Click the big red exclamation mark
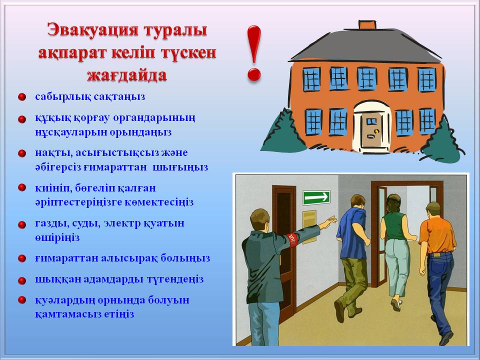(x=254, y=53)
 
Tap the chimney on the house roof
(x=367, y=25)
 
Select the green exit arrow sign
(x=316, y=197)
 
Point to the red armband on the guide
(x=292, y=239)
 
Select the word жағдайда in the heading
(x=127, y=74)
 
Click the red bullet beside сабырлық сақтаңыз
(x=21, y=97)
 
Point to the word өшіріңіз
(x=57, y=237)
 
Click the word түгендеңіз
(x=175, y=279)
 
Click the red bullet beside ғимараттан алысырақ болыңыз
(x=21, y=258)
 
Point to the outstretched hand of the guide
(x=330, y=220)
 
